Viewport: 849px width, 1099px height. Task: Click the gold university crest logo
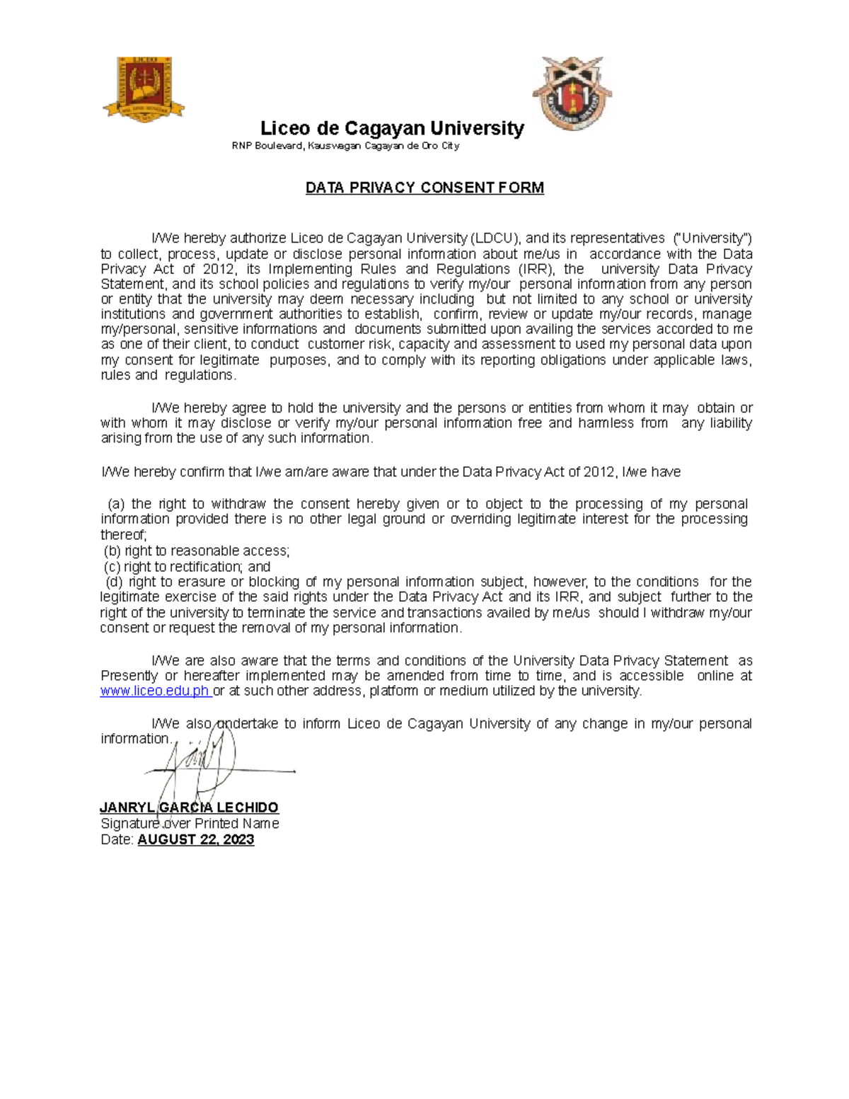pyautogui.click(x=144, y=88)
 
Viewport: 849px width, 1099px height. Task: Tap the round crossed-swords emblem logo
pyautogui.click(x=572, y=93)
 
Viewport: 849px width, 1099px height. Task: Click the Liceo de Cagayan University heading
pyautogui.click(x=392, y=128)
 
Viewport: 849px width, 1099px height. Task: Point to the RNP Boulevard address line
pyautogui.click(x=345, y=146)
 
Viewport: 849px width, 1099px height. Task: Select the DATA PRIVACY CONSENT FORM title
pyautogui.click(x=424, y=188)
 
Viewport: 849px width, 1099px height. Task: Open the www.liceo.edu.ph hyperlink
pyautogui.click(x=154, y=691)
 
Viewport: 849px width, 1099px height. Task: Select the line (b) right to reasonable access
pyautogui.click(x=197, y=551)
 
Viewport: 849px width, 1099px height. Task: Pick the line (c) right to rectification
pyautogui.click(x=187, y=566)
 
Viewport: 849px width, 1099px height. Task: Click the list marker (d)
pyautogui.click(x=114, y=582)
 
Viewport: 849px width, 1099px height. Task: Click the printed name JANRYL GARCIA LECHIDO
pyautogui.click(x=189, y=807)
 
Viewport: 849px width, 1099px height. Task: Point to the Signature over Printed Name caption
pyautogui.click(x=190, y=824)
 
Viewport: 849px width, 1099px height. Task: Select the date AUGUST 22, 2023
pyautogui.click(x=196, y=840)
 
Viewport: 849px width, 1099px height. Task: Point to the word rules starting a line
pyautogui.click(x=115, y=375)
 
